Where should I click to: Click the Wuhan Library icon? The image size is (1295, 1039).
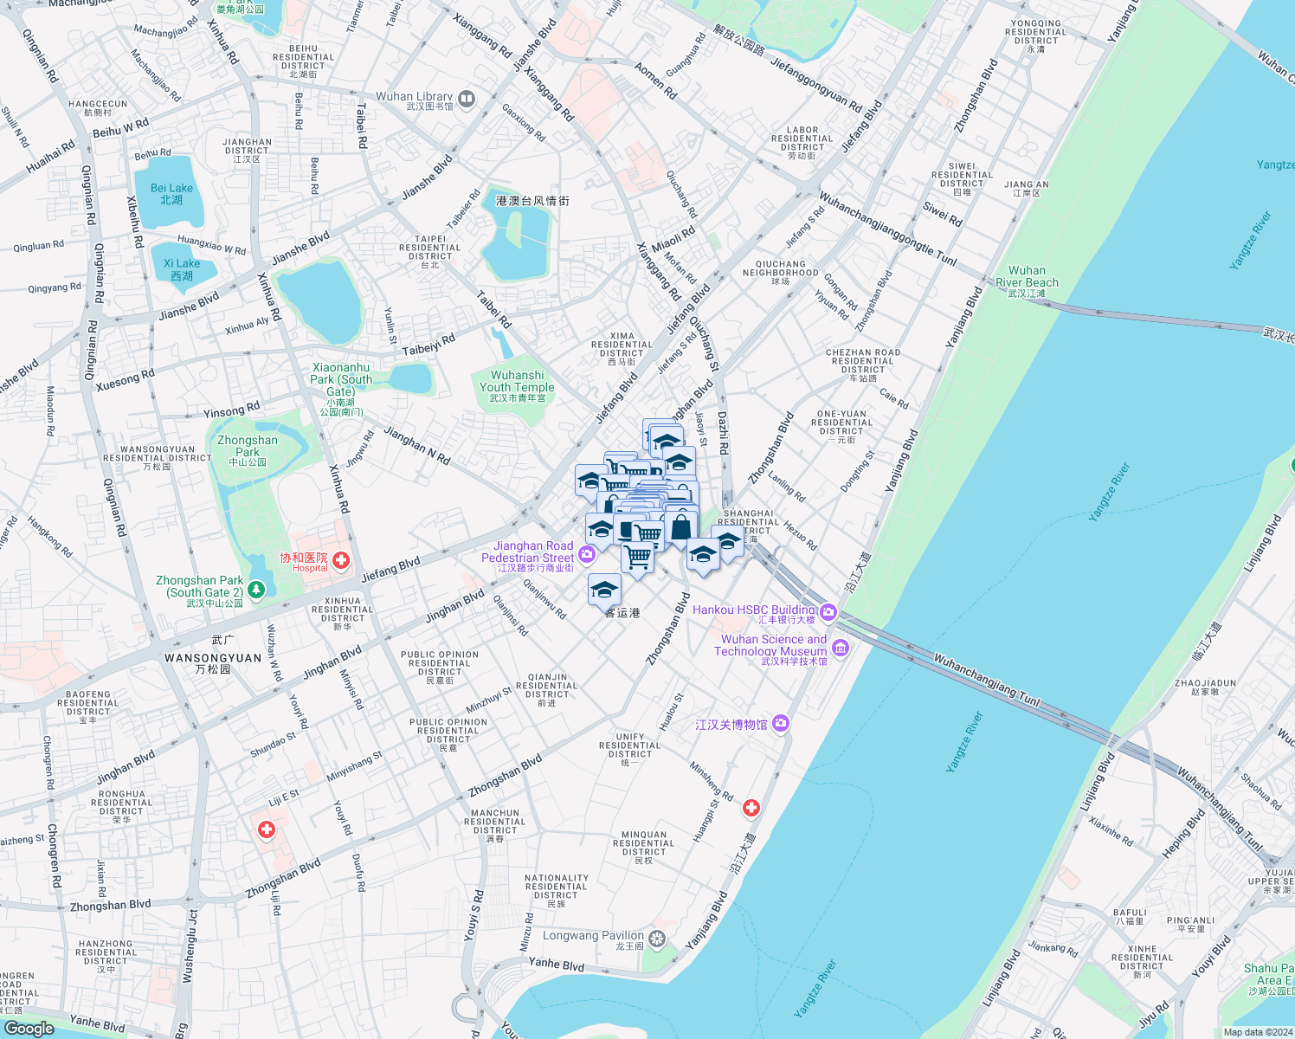click(467, 100)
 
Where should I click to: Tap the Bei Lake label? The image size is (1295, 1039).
click(171, 193)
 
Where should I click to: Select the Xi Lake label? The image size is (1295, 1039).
click(182, 269)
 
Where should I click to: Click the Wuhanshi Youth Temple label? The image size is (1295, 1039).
click(517, 386)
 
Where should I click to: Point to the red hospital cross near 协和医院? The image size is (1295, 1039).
click(341, 561)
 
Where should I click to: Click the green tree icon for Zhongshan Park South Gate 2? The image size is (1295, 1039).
click(256, 590)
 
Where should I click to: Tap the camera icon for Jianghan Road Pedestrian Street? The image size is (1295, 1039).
click(587, 554)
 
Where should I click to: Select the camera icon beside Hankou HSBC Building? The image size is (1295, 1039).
click(828, 613)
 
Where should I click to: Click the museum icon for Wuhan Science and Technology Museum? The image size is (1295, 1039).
click(840, 647)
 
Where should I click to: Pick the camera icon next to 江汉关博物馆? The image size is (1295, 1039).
click(781, 723)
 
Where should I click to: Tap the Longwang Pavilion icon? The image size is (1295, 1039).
click(657, 939)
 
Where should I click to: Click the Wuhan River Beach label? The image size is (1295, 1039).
click(1027, 281)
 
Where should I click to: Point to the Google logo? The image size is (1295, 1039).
click(29, 1028)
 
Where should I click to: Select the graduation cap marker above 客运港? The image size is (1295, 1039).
click(604, 590)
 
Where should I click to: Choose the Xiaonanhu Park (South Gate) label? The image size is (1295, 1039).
click(341, 384)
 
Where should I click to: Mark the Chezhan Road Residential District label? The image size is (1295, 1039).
click(863, 365)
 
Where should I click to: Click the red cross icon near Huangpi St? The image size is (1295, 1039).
click(751, 808)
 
